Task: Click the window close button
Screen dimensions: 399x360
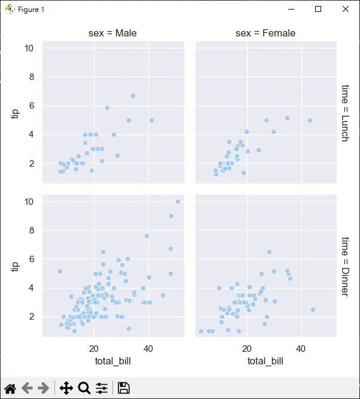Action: click(346, 10)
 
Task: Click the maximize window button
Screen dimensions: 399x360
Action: click(318, 10)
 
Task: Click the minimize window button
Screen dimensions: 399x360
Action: click(291, 10)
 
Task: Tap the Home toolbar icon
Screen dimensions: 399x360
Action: click(10, 388)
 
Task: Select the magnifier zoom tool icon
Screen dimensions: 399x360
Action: click(84, 388)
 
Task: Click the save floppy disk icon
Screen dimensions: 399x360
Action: click(124, 388)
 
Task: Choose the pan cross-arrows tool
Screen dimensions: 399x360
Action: click(66, 388)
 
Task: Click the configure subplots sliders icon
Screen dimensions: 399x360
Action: click(102, 388)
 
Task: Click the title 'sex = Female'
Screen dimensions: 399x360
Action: click(266, 33)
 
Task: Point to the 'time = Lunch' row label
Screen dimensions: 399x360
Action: click(344, 113)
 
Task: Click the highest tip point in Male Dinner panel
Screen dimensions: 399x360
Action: click(178, 201)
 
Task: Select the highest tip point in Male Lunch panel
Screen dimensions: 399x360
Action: click(133, 96)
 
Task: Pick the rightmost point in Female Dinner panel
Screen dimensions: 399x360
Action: click(313, 309)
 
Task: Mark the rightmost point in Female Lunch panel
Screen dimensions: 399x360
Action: click(310, 120)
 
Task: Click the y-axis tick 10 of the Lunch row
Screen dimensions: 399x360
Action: click(29, 48)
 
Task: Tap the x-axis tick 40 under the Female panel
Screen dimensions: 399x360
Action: click(301, 348)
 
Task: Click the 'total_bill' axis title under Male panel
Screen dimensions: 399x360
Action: click(112, 361)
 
